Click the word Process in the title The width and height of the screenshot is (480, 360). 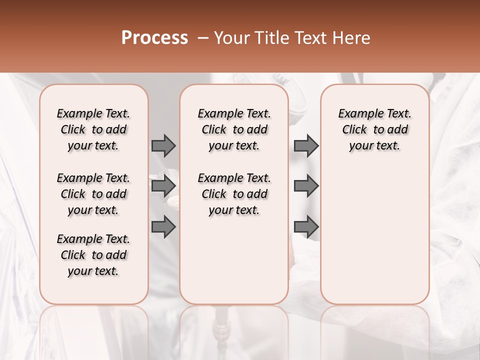154,37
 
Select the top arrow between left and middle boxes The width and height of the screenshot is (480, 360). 163,145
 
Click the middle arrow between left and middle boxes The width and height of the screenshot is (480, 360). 163,186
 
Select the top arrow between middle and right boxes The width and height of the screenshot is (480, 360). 306,145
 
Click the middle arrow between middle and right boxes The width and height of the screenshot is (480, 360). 306,186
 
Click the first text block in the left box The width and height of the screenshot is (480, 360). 93,129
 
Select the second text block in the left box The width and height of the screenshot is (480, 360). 93,194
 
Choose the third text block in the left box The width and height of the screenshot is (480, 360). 93,255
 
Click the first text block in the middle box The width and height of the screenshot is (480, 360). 234,129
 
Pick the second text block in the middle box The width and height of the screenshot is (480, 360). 234,194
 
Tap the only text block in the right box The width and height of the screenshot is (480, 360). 375,129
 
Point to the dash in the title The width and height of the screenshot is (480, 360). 203,37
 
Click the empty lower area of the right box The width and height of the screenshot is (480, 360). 375,240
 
